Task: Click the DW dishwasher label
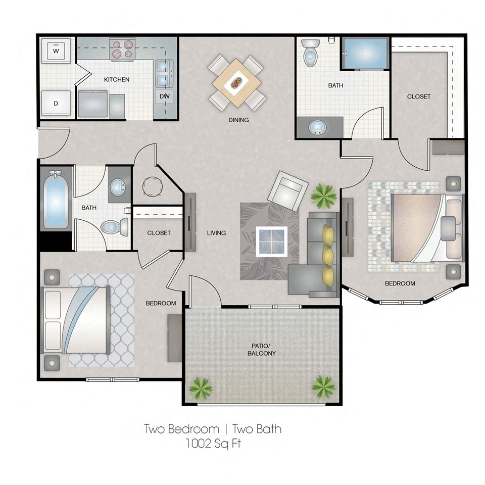click(164, 96)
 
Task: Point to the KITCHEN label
click(117, 79)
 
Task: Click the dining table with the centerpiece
click(236, 82)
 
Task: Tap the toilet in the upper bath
click(309, 54)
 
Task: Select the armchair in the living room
click(287, 191)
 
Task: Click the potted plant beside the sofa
click(323, 196)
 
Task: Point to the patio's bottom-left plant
click(201, 388)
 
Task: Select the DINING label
click(238, 120)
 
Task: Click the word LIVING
click(216, 233)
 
